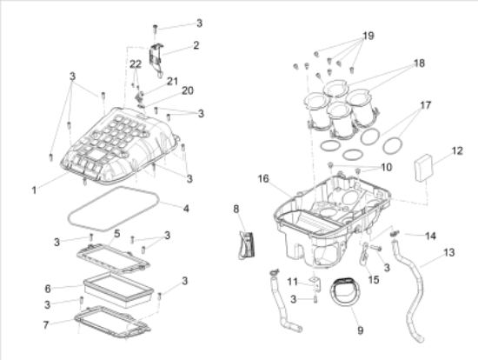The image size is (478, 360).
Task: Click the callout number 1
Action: tap(34, 190)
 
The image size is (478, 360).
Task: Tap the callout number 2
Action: tap(196, 45)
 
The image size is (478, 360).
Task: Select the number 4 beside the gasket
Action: tap(186, 209)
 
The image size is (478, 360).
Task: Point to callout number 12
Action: tap(457, 150)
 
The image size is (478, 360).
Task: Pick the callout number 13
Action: tap(449, 253)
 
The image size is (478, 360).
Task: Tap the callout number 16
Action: tap(263, 179)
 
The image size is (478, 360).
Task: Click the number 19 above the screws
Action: tap(368, 36)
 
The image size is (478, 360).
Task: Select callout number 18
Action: tap(419, 63)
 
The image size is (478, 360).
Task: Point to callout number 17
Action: tap(426, 105)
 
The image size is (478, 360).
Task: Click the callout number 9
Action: tap(361, 330)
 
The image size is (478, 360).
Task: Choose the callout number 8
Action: tap(236, 210)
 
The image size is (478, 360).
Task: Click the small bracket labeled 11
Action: tap(315, 283)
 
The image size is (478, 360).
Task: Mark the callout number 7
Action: tap(46, 325)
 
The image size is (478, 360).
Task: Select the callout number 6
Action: tap(48, 289)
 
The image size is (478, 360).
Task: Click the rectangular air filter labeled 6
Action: tap(118, 290)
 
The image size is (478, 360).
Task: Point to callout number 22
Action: tap(136, 64)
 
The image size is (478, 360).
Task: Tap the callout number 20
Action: tap(188, 90)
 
